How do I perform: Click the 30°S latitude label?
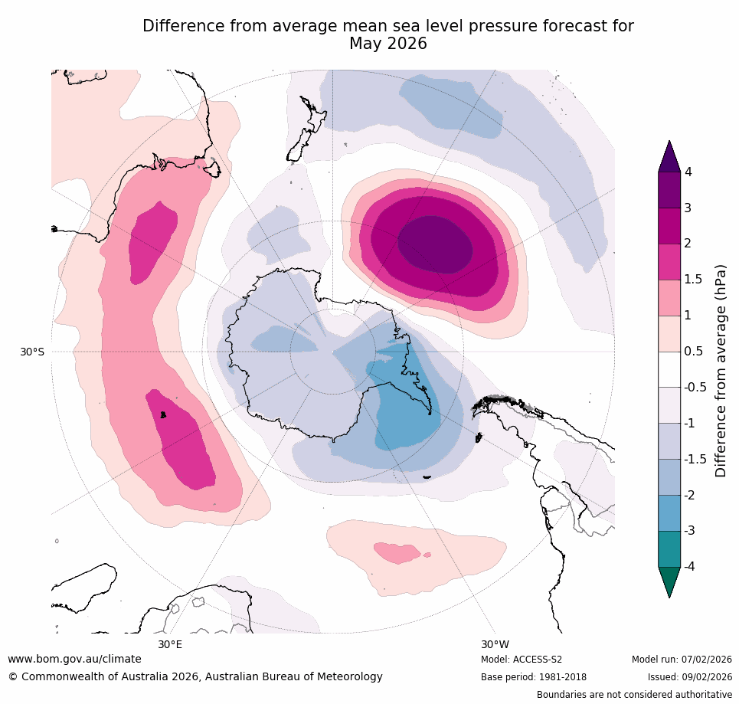pos(32,352)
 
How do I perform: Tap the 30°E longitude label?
pos(170,644)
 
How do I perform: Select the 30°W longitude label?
pos(495,644)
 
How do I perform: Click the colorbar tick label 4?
pos(688,172)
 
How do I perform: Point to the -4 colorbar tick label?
pos(690,566)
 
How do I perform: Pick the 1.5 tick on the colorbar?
pos(692,279)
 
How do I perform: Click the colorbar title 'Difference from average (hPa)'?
pos(721,371)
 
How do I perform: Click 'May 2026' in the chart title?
pos(387,44)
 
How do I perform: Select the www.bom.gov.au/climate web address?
pos(74,659)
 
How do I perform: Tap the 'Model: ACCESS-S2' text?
pos(522,660)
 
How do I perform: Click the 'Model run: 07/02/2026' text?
pos(682,660)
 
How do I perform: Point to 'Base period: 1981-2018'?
pos(534,677)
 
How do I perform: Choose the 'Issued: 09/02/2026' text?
pos(690,677)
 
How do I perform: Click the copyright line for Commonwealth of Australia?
pos(195,676)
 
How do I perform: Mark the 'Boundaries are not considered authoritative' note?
pos(634,695)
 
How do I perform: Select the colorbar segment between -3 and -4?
pos(669,548)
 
